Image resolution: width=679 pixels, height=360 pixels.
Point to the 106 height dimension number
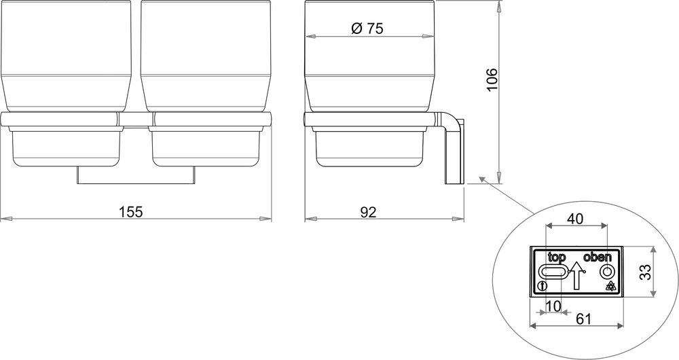492,82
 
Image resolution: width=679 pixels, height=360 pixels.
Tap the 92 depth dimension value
367,211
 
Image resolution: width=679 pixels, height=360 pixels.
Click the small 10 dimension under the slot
553,306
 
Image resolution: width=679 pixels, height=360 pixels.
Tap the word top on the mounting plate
557,257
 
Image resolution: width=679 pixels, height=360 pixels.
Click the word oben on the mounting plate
598,257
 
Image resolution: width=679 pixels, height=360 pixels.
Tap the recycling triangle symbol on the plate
610,286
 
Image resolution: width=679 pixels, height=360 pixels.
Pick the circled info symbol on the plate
541,286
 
